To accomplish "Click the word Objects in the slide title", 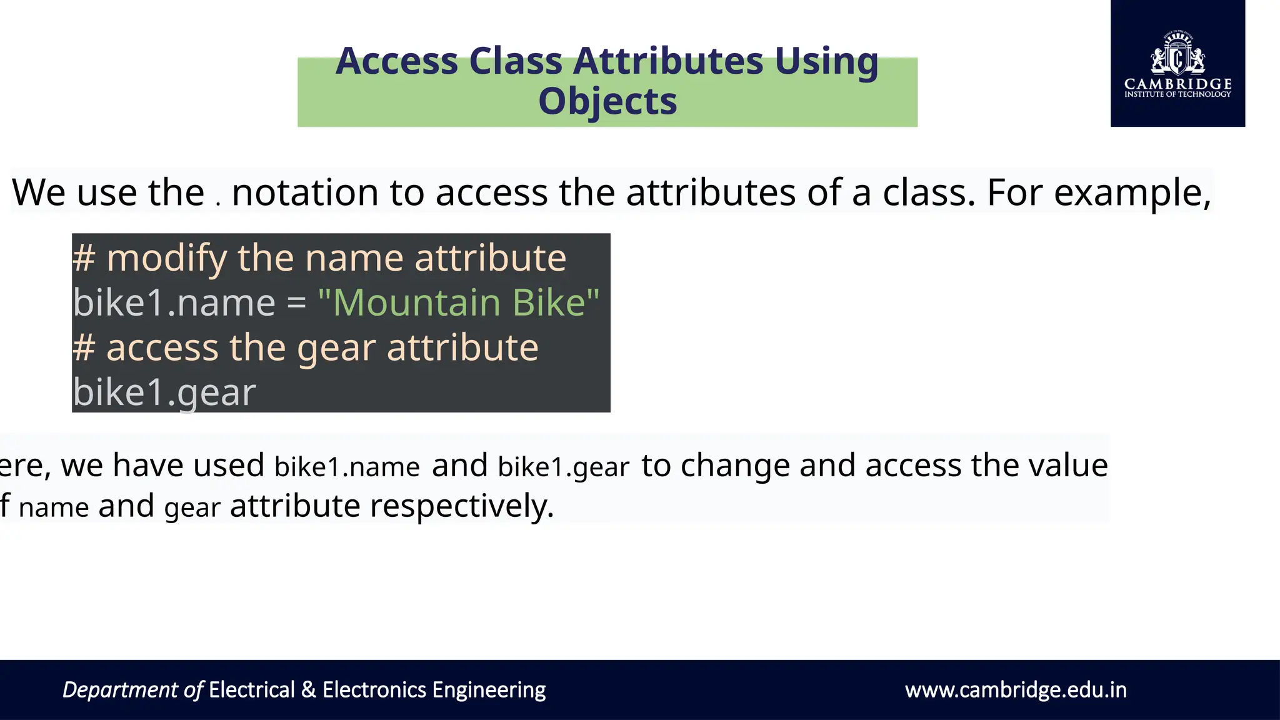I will click(x=607, y=101).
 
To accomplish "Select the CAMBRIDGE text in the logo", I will click(x=1177, y=84).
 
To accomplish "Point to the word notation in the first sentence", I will click(x=305, y=192).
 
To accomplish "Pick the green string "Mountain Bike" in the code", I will click(x=459, y=303).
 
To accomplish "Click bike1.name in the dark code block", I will click(x=174, y=303).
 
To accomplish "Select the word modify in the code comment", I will click(x=166, y=258).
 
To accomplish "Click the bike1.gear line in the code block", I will click(x=164, y=392).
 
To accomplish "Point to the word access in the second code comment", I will click(x=162, y=347).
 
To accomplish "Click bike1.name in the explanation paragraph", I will click(x=347, y=467).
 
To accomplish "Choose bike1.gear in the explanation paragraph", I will click(x=563, y=467).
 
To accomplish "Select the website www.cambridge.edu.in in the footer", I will click(x=1016, y=690).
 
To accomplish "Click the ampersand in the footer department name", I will click(x=308, y=690).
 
